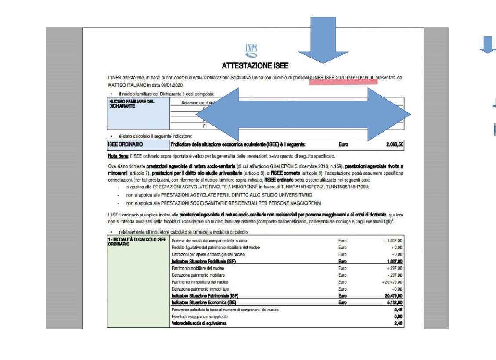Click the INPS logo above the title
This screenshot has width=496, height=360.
(x=251, y=51)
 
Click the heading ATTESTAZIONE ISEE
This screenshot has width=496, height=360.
(x=255, y=66)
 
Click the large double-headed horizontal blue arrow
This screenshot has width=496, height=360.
(x=303, y=114)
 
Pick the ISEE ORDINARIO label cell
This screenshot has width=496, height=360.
(x=138, y=144)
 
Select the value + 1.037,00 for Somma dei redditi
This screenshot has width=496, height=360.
(x=392, y=241)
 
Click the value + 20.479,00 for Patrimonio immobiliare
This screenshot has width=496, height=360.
(x=392, y=282)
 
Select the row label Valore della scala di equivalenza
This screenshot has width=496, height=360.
(x=199, y=324)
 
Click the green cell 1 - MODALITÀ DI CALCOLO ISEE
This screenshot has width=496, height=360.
(x=138, y=241)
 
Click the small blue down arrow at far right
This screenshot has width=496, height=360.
(x=487, y=44)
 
